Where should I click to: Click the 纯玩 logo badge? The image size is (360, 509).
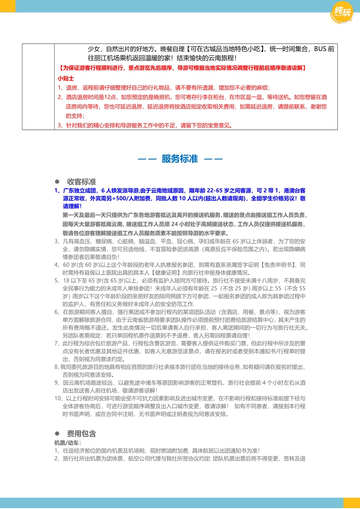(341, 12)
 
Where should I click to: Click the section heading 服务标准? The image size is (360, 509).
(180, 159)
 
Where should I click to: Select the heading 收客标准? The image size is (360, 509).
(81, 182)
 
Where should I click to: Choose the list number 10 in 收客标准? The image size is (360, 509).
(57, 398)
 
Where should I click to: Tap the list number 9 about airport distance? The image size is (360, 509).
(57, 382)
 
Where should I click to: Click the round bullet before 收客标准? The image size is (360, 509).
(57, 182)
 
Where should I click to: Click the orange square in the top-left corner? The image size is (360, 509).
(7, 6)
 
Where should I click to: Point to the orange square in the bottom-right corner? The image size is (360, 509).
(352, 503)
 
